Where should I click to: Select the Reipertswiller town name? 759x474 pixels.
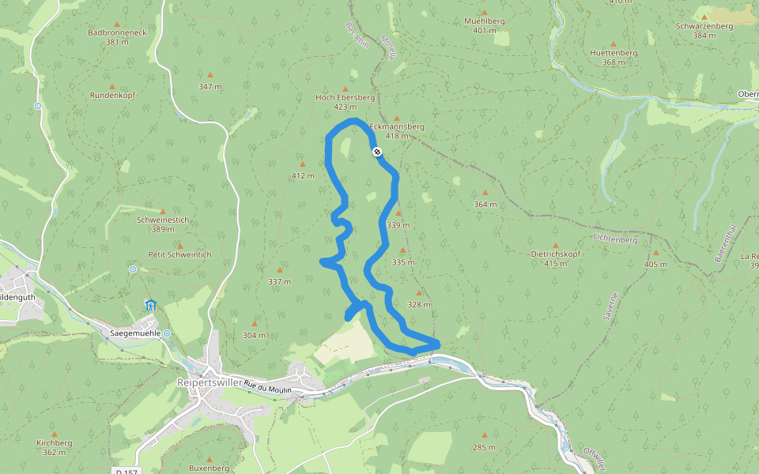(x=210, y=382)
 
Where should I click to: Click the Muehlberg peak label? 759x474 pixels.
(x=485, y=22)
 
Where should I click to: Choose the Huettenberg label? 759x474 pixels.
(x=613, y=53)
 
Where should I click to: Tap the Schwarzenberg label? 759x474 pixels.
(x=704, y=25)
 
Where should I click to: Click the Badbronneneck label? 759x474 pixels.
(x=117, y=33)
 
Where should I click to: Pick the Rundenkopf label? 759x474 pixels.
(x=112, y=95)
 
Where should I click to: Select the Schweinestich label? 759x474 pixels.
(x=162, y=220)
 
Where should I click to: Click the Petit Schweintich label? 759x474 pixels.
(x=179, y=254)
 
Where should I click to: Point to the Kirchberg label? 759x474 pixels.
(x=54, y=443)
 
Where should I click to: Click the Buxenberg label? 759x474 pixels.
(x=209, y=468)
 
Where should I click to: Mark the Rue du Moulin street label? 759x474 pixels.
(x=268, y=386)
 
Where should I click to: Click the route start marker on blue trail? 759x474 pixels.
(x=377, y=151)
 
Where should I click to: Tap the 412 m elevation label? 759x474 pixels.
(x=302, y=175)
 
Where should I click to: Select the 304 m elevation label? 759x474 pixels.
(x=254, y=335)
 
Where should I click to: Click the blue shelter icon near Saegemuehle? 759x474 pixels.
(x=150, y=305)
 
